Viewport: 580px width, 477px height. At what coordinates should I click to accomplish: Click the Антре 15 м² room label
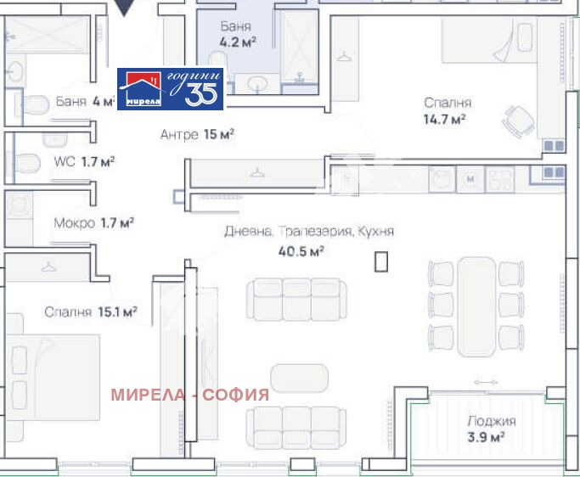(197, 134)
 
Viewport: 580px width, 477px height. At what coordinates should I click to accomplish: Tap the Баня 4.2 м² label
(234, 33)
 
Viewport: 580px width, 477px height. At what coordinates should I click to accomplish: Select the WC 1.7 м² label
(84, 161)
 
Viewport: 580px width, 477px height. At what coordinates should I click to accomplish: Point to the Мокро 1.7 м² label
(93, 223)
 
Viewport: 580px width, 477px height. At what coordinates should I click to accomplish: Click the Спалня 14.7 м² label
(447, 111)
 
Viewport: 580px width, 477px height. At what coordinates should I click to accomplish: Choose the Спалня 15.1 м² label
(91, 311)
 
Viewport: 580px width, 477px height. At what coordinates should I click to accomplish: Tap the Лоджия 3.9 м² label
(491, 429)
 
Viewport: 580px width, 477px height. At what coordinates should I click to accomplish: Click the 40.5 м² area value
(301, 250)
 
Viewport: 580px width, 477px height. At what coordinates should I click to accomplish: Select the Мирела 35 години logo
(170, 89)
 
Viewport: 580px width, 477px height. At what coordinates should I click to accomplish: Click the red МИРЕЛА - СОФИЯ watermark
(190, 394)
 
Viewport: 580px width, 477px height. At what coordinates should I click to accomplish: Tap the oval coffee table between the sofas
(299, 379)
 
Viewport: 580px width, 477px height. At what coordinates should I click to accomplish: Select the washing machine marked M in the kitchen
(470, 179)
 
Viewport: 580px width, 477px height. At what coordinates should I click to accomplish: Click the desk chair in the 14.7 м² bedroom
(517, 121)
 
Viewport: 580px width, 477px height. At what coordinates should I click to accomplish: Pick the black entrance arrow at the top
(124, 8)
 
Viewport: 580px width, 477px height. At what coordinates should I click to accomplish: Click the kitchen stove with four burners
(499, 179)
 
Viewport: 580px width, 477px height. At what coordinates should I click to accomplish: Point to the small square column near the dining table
(382, 262)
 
